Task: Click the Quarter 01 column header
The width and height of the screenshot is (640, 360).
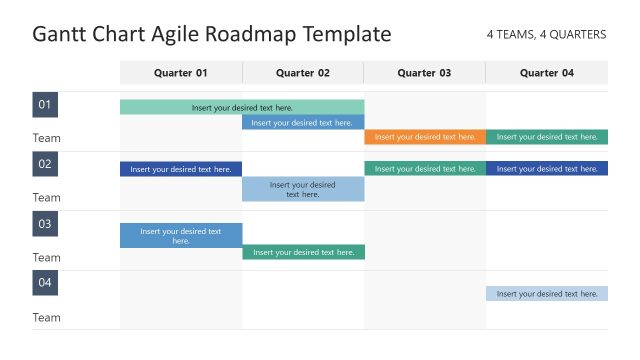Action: pyautogui.click(x=181, y=73)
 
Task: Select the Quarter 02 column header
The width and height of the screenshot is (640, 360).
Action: pyautogui.click(x=303, y=73)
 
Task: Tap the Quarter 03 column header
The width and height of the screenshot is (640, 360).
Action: pyautogui.click(x=424, y=73)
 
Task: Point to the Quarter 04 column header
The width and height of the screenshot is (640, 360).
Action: pyautogui.click(x=547, y=73)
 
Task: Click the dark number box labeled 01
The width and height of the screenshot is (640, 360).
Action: pyautogui.click(x=45, y=105)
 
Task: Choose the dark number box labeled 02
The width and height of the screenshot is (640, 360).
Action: pyautogui.click(x=45, y=164)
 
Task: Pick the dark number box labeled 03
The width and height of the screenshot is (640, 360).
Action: pyautogui.click(x=45, y=224)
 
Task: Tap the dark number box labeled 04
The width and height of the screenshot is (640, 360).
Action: pyautogui.click(x=45, y=283)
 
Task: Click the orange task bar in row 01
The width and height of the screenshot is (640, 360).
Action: pyautogui.click(x=425, y=137)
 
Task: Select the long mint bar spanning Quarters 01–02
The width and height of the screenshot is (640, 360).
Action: pyautogui.click(x=242, y=107)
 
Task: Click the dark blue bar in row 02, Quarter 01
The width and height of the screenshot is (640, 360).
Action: pyautogui.click(x=181, y=169)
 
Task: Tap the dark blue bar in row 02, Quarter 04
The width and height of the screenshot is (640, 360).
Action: pyautogui.click(x=547, y=169)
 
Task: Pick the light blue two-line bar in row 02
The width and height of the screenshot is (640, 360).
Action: pyautogui.click(x=303, y=189)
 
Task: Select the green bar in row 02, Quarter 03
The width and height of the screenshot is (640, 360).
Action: pyautogui.click(x=425, y=169)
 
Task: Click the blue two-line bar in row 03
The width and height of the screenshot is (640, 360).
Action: pyautogui.click(x=181, y=236)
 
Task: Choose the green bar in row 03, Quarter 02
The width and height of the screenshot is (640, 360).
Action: pyautogui.click(x=303, y=252)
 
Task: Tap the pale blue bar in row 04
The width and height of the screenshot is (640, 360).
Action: pyautogui.click(x=547, y=294)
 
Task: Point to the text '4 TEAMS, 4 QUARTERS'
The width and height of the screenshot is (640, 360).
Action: pyautogui.click(x=546, y=35)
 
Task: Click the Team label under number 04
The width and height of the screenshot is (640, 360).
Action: pyautogui.click(x=47, y=318)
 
